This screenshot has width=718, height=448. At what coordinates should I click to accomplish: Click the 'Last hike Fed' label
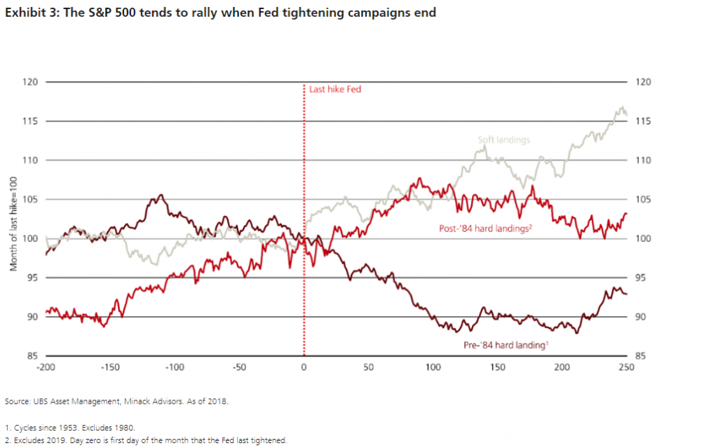335,90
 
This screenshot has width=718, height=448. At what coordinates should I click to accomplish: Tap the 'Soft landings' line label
503,140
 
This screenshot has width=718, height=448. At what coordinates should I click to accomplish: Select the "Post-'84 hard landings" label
488,228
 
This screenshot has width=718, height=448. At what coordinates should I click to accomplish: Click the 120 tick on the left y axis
29,82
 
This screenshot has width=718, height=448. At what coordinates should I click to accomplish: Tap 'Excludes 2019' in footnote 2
38,440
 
